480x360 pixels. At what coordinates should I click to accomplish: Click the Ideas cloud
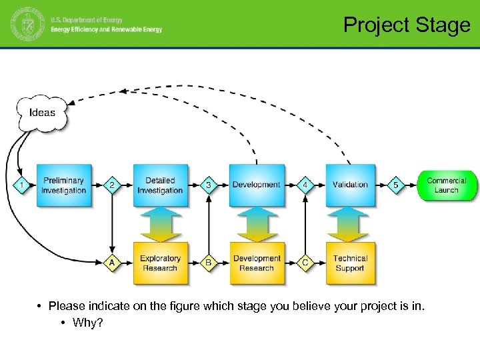pos(42,112)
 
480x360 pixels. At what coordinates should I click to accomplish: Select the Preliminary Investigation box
pos(64,185)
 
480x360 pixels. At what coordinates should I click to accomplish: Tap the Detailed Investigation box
pos(160,185)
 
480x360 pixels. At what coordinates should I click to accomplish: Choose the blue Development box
pos(257,185)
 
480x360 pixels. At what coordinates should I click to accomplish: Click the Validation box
pos(351,185)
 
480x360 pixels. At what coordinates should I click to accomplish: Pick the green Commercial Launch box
pos(447,185)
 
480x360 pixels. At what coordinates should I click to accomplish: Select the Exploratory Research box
pos(160,263)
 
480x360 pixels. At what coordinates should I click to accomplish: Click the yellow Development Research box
pos(257,263)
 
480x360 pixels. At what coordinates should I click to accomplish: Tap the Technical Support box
pos(351,263)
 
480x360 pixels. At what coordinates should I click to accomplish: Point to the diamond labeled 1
pos(21,185)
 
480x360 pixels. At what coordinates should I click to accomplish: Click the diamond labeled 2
pos(112,185)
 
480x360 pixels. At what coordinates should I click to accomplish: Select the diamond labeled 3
pos(209,185)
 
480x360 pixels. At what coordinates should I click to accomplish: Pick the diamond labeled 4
pos(305,185)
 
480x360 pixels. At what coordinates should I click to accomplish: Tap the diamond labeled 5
pos(396,185)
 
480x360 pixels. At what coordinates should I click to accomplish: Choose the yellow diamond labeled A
pos(112,263)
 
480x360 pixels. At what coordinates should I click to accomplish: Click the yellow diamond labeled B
pos(209,263)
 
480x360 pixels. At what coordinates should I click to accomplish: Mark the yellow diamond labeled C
pos(305,263)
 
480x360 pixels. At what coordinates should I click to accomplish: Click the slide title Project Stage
pos(407,25)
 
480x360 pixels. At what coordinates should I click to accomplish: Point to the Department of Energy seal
pos(26,25)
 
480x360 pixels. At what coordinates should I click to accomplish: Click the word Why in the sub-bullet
pos(84,323)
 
